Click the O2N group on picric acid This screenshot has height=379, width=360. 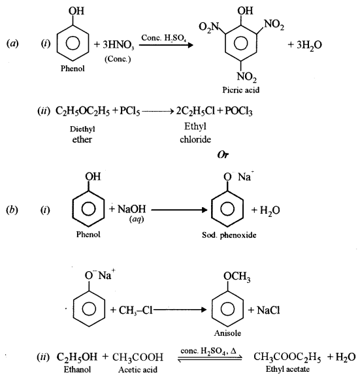click(x=203, y=25)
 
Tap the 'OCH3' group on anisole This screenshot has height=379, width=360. click(x=237, y=279)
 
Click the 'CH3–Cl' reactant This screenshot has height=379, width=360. click(x=134, y=310)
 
